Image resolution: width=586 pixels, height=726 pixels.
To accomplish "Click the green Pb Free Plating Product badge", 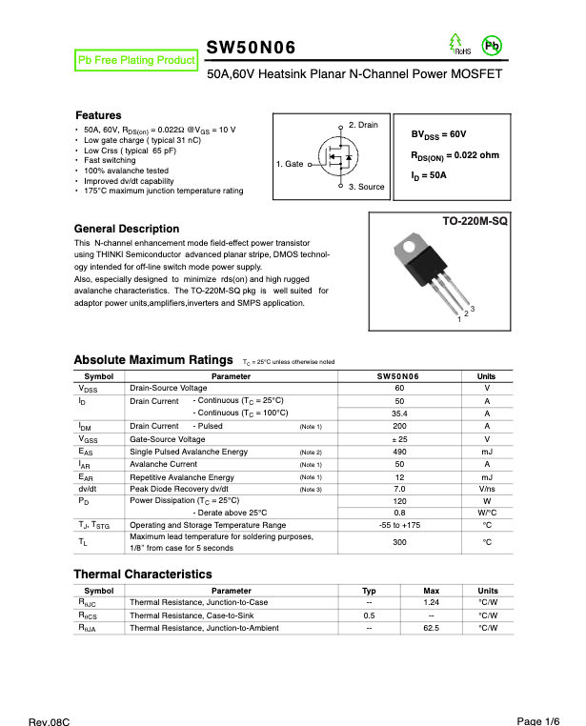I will (x=135, y=60).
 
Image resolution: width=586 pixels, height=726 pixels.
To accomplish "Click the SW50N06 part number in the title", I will (x=252, y=49).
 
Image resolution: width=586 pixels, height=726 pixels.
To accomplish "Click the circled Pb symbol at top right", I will (x=492, y=46).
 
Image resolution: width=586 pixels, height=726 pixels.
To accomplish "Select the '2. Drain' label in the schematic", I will (x=363, y=125).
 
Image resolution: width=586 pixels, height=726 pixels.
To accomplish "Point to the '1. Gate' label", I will (x=290, y=164).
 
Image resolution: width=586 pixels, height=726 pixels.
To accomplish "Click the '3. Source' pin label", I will (x=366, y=187).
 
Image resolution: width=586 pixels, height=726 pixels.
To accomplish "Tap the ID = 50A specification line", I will (x=429, y=175).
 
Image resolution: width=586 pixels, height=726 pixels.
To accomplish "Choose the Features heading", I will (x=98, y=114).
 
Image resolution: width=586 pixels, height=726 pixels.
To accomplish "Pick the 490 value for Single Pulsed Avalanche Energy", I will (x=399, y=452).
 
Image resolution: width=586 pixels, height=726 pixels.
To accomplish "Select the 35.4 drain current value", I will (x=399, y=413).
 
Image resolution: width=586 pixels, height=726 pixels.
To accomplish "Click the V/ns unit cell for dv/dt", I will (x=487, y=489).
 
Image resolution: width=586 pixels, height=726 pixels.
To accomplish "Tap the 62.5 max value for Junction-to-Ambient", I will (x=431, y=629).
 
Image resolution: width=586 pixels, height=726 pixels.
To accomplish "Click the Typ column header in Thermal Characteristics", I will (x=369, y=591).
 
